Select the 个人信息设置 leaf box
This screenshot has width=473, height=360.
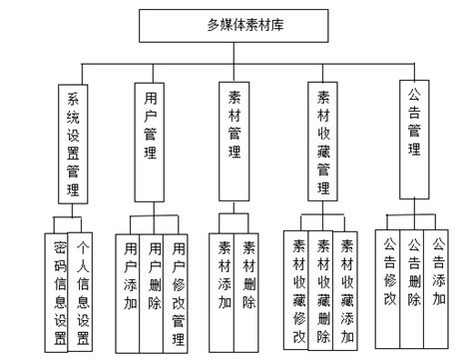tap(84, 290)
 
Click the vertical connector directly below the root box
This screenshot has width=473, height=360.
tap(236, 51)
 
